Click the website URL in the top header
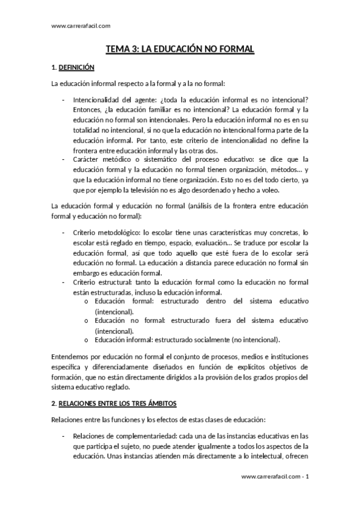[81, 25]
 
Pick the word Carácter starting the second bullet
[86, 159]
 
